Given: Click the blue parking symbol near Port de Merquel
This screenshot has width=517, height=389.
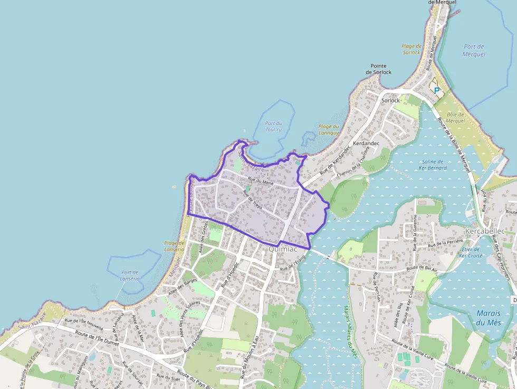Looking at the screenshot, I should [x=437, y=90].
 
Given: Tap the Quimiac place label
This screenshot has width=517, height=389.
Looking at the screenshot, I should [x=282, y=249].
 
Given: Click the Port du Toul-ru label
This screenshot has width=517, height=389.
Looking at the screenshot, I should [x=274, y=126].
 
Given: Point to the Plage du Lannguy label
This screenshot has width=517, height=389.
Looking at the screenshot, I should [x=329, y=129].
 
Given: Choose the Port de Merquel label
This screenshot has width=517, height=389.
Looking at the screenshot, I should [x=473, y=50].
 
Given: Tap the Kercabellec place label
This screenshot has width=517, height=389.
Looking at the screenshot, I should [x=485, y=231].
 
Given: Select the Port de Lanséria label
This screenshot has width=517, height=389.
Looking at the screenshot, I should [x=130, y=275].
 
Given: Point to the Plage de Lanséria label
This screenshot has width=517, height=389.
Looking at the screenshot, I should [x=174, y=246].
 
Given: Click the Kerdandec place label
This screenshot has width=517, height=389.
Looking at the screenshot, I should [x=367, y=143].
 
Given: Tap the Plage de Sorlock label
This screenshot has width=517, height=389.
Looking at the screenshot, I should [x=411, y=49].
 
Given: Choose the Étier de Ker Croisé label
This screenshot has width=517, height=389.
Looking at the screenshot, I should [x=470, y=252].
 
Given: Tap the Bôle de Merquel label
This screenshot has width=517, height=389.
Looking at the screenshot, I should [x=455, y=118].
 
